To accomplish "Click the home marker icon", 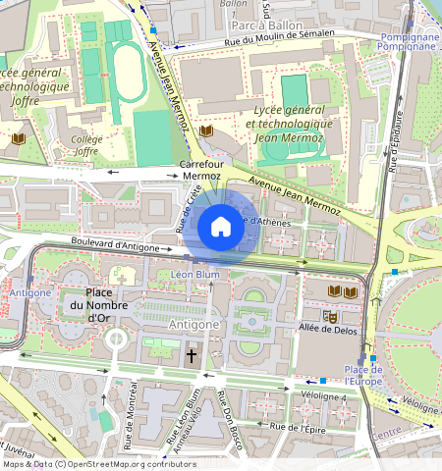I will point(221,228).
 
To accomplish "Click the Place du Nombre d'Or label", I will point(98,304).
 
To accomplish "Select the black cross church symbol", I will point(192,357).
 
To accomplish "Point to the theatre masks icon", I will point(333,318).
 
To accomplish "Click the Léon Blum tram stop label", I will point(193,275).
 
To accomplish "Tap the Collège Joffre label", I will point(85,145).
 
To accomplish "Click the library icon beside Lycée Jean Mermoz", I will point(206,131).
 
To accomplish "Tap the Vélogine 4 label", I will point(324,395).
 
